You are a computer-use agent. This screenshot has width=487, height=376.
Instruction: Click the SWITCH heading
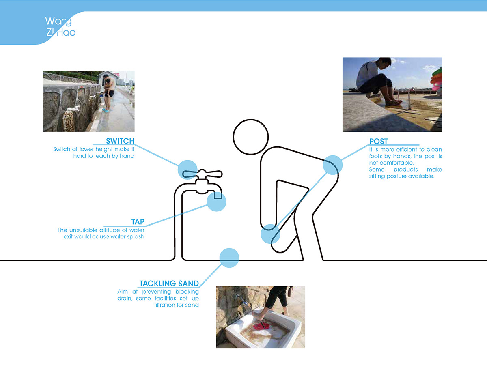click(120, 141)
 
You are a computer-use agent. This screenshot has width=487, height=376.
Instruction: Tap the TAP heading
click(138, 222)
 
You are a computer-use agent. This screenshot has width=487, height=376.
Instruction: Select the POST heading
click(378, 142)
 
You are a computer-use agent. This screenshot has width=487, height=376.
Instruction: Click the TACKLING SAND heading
click(169, 284)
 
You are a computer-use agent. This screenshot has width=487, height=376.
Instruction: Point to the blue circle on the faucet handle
click(187, 169)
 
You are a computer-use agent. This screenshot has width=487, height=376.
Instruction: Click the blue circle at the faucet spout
click(216, 201)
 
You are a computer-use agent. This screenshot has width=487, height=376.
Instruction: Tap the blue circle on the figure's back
click(333, 165)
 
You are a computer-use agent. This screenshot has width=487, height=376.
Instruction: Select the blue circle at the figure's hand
click(270, 234)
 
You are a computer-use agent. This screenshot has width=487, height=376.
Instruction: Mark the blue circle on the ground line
click(229, 258)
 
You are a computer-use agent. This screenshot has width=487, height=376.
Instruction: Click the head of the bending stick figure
click(251, 138)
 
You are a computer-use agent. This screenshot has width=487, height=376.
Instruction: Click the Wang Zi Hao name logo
click(60, 26)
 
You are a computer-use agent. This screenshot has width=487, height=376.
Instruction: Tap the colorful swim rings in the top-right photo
click(437, 75)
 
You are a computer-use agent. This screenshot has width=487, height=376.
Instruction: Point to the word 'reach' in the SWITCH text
click(99, 156)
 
